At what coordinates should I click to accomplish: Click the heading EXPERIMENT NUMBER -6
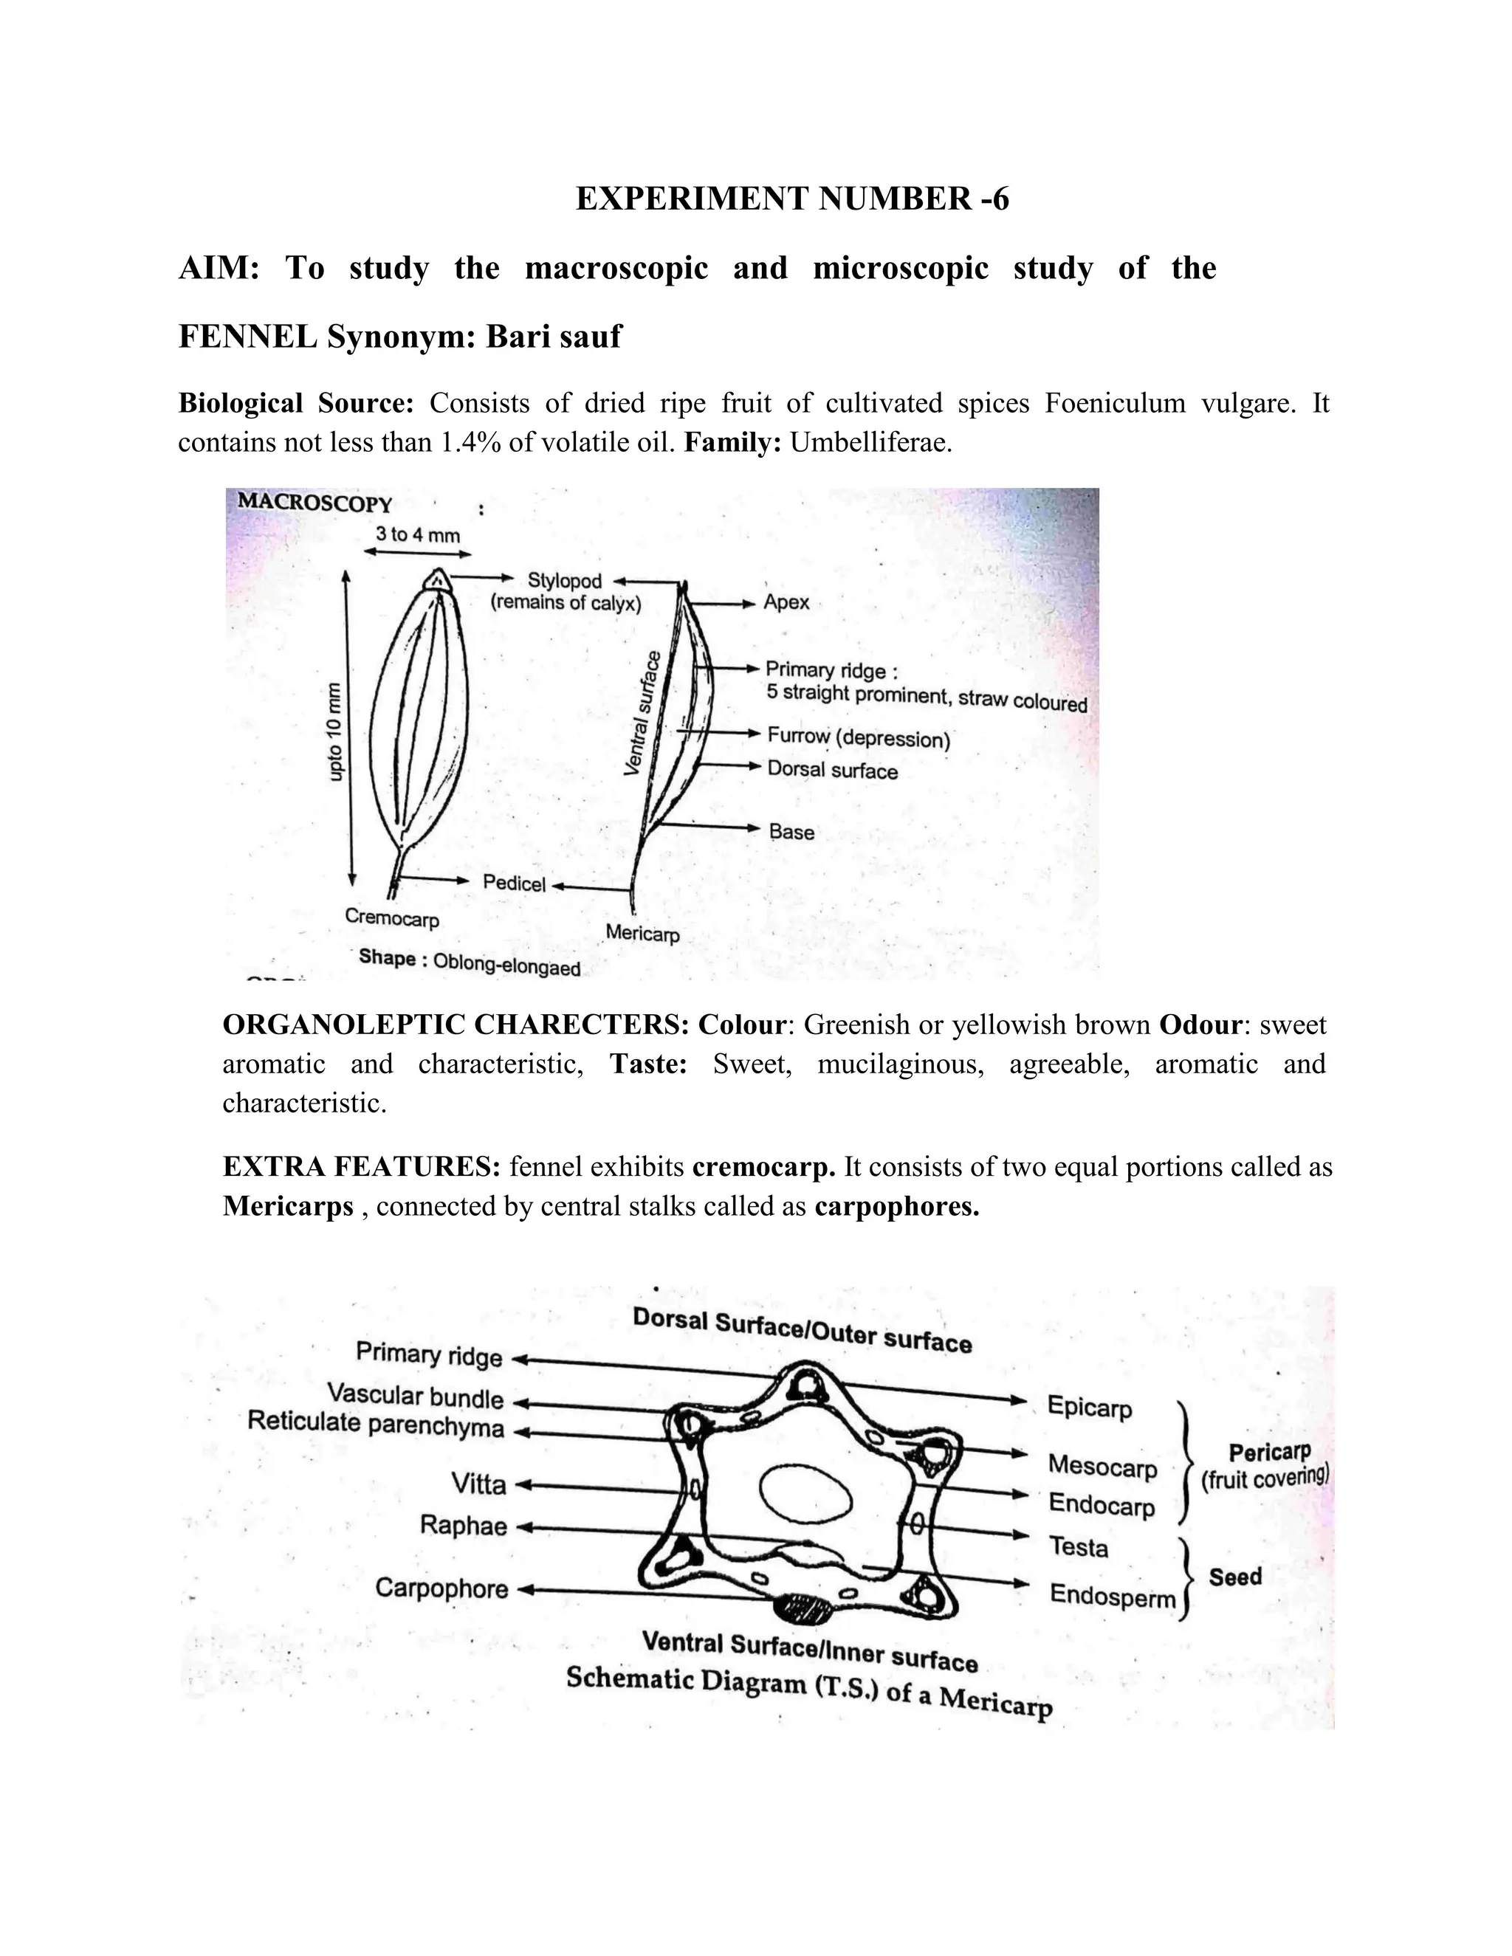click(792, 198)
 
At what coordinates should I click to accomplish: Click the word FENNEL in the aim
click(247, 337)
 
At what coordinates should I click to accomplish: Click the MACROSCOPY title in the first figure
click(315, 503)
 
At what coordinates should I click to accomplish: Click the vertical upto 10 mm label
click(334, 731)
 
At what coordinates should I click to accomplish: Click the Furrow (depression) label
click(858, 738)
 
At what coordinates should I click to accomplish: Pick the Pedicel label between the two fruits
click(513, 883)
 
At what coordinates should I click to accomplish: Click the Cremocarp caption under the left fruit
click(391, 917)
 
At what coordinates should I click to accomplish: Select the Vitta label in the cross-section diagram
click(478, 1485)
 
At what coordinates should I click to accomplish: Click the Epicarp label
click(1089, 1407)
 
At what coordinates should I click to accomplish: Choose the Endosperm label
click(1112, 1596)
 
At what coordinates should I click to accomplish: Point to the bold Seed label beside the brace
click(1234, 1577)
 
